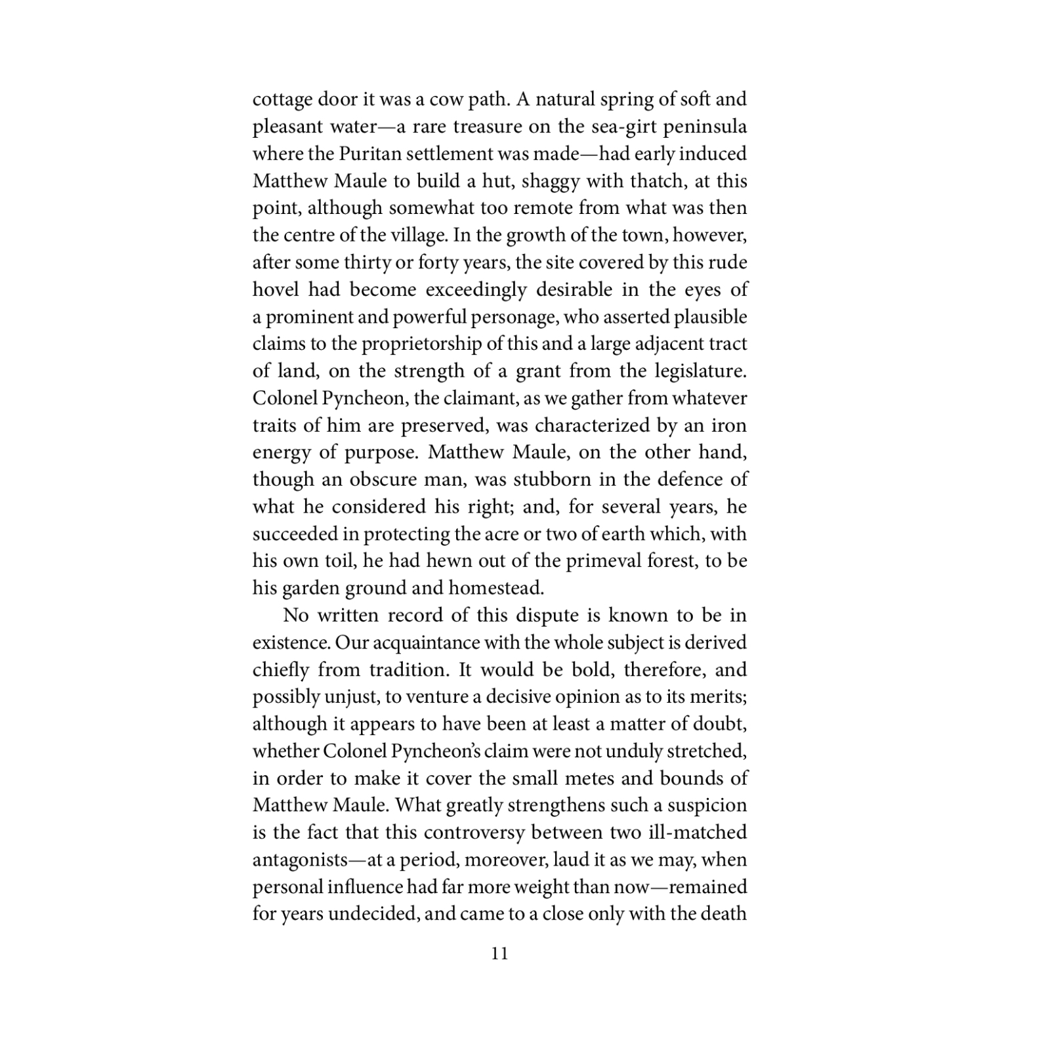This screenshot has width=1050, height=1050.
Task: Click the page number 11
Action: [x=499, y=954]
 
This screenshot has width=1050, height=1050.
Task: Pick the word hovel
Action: [x=275, y=289]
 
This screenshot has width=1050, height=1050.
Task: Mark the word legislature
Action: [x=700, y=371]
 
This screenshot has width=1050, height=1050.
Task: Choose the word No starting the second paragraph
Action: [x=295, y=616]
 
